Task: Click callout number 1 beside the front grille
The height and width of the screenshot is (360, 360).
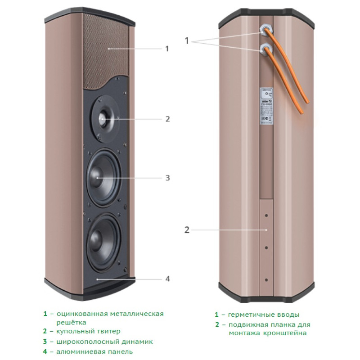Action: pyautogui.click(x=167, y=49)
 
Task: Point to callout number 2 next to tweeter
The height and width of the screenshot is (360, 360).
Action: pyautogui.click(x=167, y=119)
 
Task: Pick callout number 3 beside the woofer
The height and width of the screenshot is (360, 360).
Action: pyautogui.click(x=167, y=178)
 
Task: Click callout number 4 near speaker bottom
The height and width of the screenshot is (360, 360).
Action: pyautogui.click(x=167, y=279)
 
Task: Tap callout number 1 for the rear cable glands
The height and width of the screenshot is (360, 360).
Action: pyautogui.click(x=187, y=40)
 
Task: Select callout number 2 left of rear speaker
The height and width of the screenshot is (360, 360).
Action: pyautogui.click(x=187, y=230)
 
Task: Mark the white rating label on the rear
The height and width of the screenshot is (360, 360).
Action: pyautogui.click(x=266, y=106)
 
